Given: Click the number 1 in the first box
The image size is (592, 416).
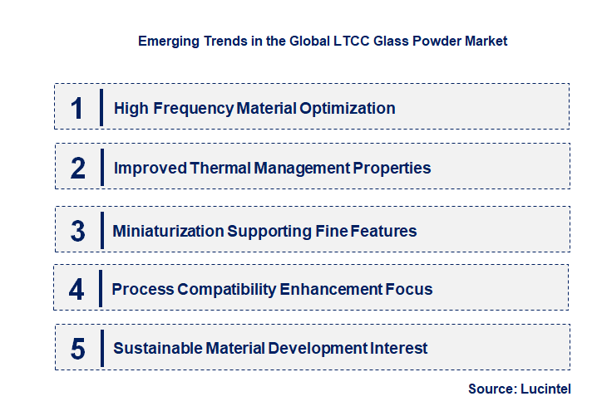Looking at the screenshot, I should pyautogui.click(x=76, y=109).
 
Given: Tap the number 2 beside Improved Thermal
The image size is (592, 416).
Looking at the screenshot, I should pyautogui.click(x=77, y=169).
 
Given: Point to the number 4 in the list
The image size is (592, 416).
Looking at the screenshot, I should pyautogui.click(x=76, y=290).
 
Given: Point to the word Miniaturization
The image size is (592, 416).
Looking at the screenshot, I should pyautogui.click(x=166, y=231).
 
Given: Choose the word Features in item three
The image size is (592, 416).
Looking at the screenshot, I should pyautogui.click(x=382, y=231).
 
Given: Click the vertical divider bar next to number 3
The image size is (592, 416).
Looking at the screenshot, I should pyautogui.click(x=101, y=230).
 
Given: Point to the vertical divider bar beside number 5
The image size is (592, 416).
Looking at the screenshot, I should pyautogui.click(x=101, y=347).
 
